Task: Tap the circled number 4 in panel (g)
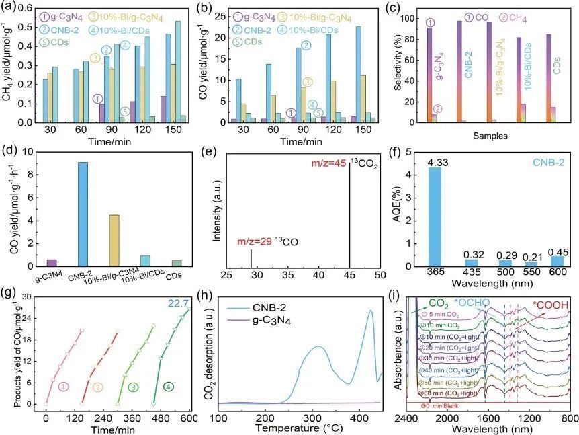coord(167,387)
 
